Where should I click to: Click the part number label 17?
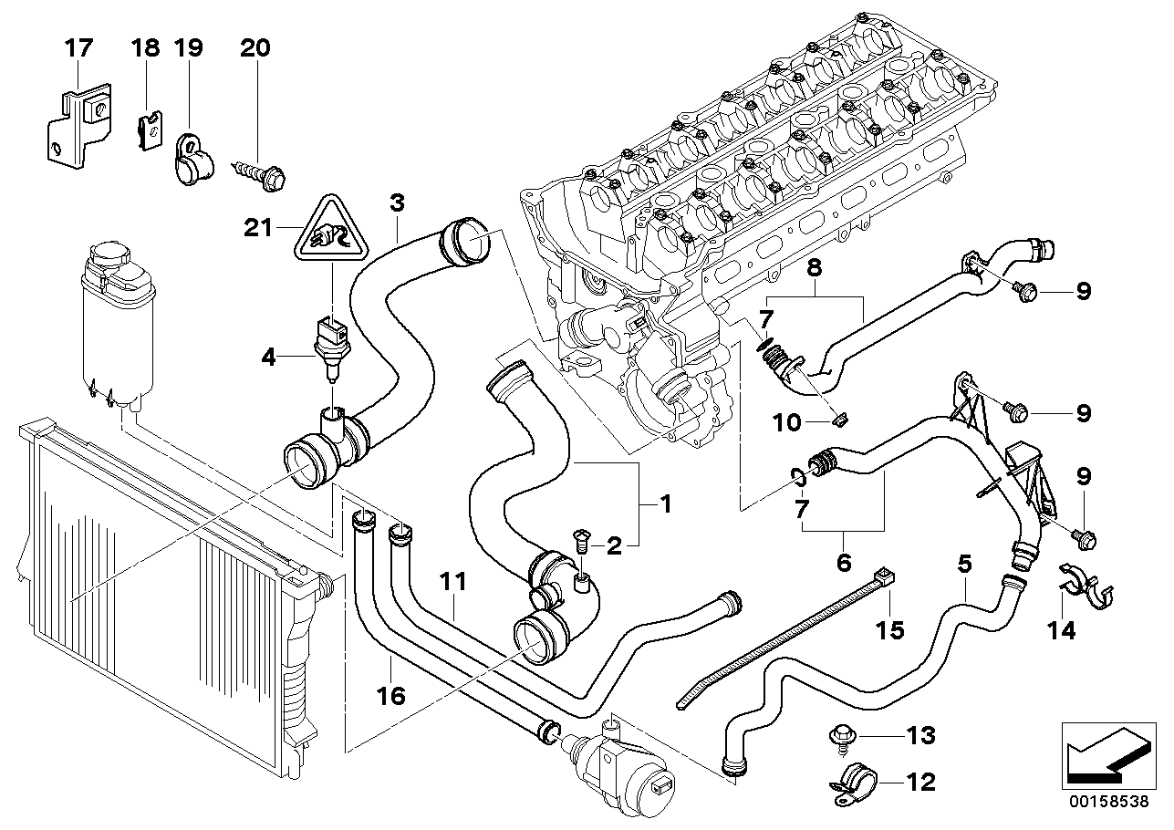78,48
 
